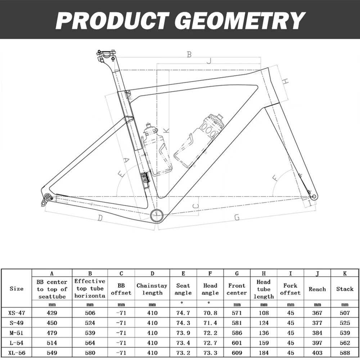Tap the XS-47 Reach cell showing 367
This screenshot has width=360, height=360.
[x=317, y=313]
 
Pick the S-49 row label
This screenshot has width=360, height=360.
[x=16, y=323]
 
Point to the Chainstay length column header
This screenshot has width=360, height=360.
[x=152, y=289]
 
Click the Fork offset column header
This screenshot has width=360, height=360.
[x=290, y=289]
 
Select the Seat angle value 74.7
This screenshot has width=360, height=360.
[x=183, y=313]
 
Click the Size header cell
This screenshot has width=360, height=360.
[x=16, y=289]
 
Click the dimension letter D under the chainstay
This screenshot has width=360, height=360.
[x=100, y=217]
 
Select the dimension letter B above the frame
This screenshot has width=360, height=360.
[x=189, y=55]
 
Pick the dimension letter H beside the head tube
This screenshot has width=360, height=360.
[x=285, y=81]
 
